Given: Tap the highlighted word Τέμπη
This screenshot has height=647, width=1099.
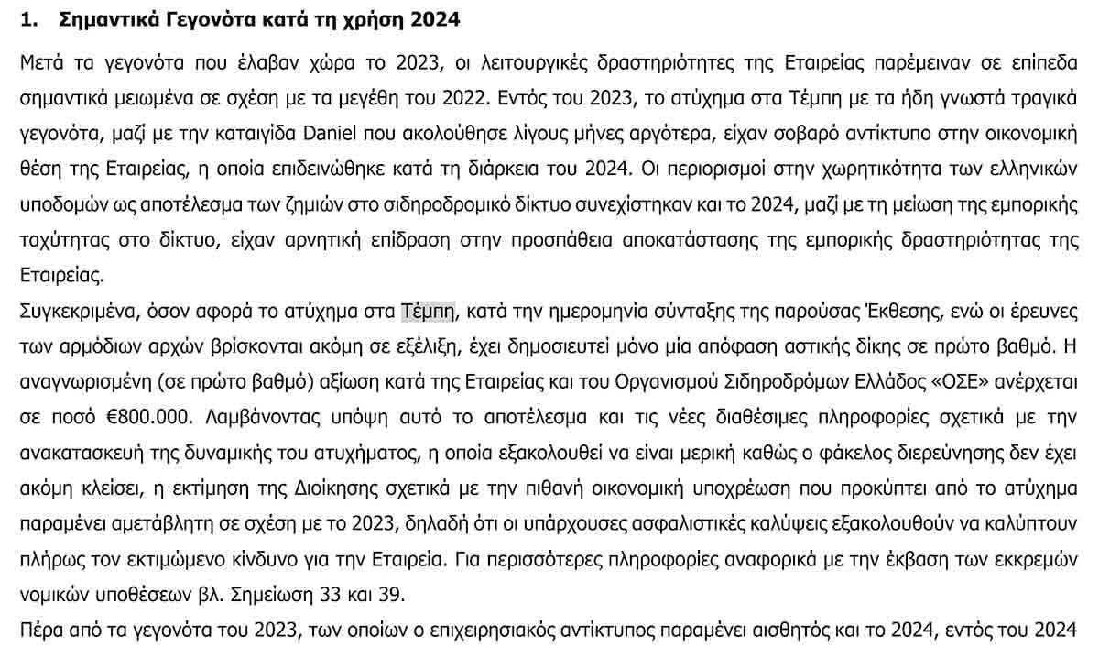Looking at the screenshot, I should point(429,312).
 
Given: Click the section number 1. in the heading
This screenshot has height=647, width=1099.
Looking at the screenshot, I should point(27,20).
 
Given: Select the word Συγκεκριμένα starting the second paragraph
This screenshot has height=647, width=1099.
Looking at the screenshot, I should point(77,312).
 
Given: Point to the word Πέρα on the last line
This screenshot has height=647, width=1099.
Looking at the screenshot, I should point(39,631).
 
